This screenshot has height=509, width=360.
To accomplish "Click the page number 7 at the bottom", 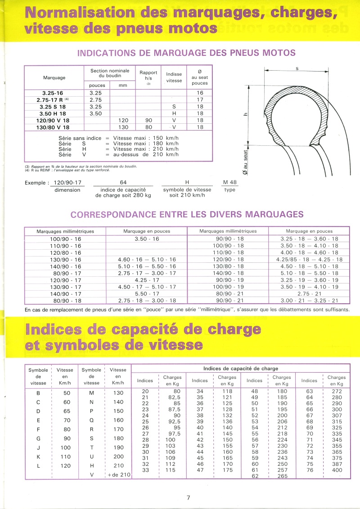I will pos(189,497).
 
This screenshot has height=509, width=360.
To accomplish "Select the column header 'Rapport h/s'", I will pos(148,75).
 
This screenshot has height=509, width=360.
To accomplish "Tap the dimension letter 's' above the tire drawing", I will pos(297,68).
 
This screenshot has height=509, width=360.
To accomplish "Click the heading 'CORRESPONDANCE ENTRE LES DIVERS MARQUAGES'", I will pos(187,214).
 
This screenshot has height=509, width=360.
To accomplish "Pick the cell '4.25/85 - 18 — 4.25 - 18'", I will pos(309,259).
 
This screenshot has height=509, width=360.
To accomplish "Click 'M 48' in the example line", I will pos(230,182).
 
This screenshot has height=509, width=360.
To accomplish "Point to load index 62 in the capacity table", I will pos(255,476).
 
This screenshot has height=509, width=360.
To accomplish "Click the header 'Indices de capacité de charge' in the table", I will pos(241,369).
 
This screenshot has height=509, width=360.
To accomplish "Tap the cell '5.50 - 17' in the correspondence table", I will pos(147,293).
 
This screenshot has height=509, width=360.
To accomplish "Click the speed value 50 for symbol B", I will pos(66,393).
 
